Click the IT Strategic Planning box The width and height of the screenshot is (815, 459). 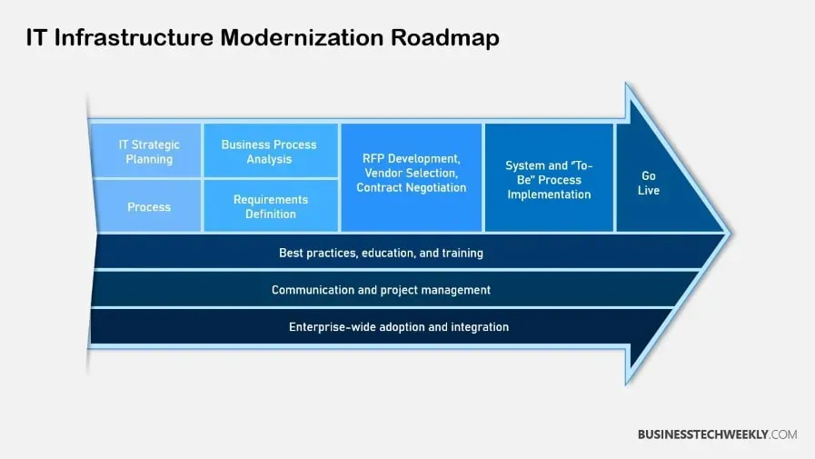pyautogui.click(x=146, y=151)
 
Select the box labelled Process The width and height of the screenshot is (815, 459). pyautogui.click(x=149, y=205)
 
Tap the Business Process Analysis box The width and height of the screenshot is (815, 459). pyautogui.click(x=271, y=151)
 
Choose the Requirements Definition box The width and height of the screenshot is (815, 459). pyautogui.click(x=271, y=205)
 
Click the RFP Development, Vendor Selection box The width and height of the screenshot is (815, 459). pyautogui.click(x=412, y=177)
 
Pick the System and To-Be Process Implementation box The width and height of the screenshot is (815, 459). pyautogui.click(x=549, y=177)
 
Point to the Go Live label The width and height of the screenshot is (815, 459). pyautogui.click(x=649, y=183)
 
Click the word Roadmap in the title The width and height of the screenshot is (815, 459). pyautogui.click(x=445, y=38)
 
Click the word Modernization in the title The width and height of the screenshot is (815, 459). pyautogui.click(x=303, y=37)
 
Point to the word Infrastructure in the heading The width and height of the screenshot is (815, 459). pyautogui.click(x=134, y=37)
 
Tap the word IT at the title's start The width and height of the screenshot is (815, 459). pyautogui.click(x=36, y=37)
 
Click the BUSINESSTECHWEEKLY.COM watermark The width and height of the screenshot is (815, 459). pyautogui.click(x=717, y=434)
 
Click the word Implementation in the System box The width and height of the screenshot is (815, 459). pyautogui.click(x=549, y=195)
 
